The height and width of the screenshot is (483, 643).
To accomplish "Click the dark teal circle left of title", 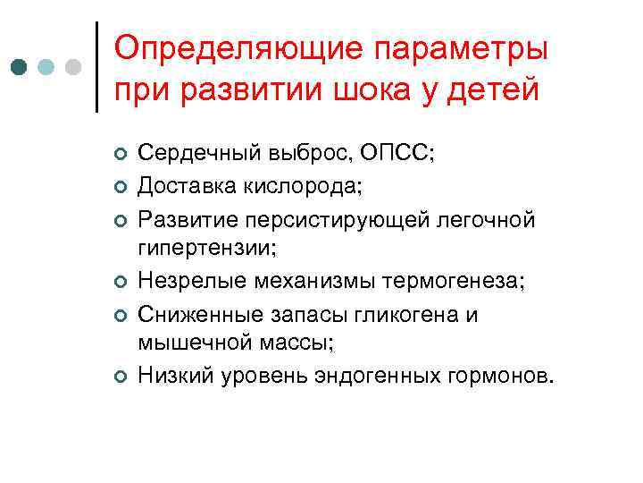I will tap(19, 66).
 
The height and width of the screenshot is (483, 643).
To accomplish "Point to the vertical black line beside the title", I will tap(96, 66).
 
